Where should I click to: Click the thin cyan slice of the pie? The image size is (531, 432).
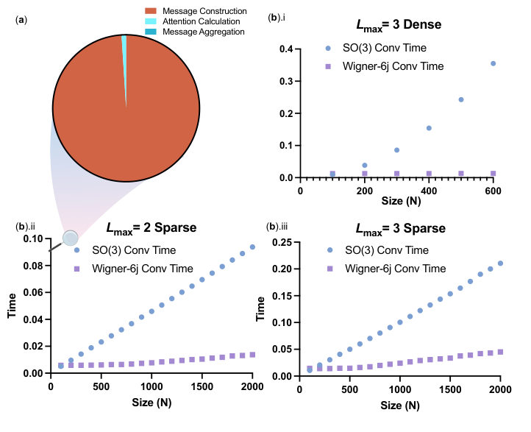tap(124, 44)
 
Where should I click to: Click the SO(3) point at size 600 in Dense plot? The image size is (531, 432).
tap(493, 63)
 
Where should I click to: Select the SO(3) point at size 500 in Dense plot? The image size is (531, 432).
tap(461, 99)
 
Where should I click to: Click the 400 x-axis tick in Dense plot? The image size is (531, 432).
tap(429, 191)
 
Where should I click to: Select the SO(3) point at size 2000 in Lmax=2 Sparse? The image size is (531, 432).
tap(252, 247)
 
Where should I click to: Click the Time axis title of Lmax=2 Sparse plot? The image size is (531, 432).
tap(11, 305)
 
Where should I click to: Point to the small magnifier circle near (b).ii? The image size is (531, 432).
tap(70, 238)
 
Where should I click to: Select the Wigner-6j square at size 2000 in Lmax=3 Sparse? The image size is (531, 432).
tap(500, 352)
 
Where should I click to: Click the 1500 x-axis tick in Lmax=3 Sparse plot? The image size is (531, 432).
tap(450, 388)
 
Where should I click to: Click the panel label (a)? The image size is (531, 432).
tap(21, 18)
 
